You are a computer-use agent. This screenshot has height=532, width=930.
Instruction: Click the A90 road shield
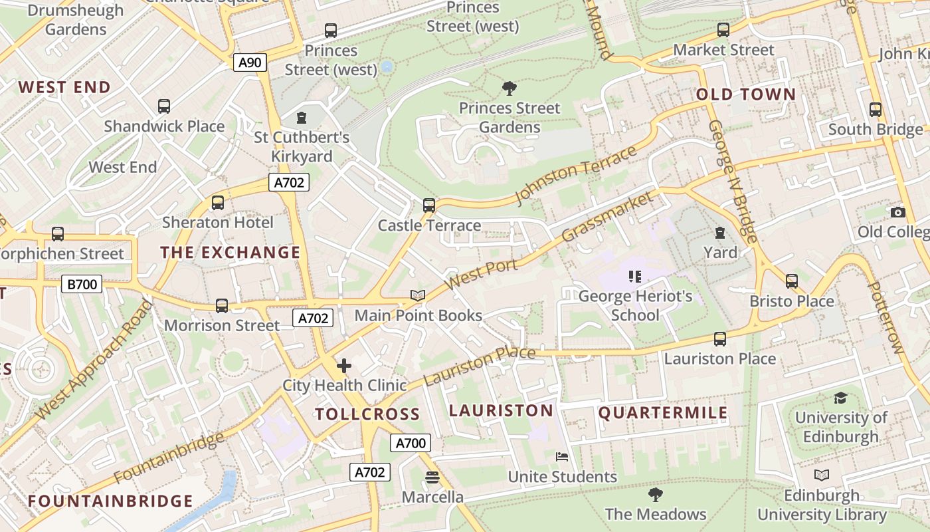pyautogui.click(x=250, y=63)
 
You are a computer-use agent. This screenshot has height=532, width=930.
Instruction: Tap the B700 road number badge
pyautogui.click(x=82, y=285)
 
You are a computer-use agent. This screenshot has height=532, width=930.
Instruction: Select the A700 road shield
pyautogui.click(x=411, y=443)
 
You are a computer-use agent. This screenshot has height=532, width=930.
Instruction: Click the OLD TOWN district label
pyautogui.click(x=745, y=94)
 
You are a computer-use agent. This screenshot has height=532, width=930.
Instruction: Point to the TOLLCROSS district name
pyautogui.click(x=367, y=414)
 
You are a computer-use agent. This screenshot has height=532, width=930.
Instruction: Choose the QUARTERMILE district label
pyautogui.click(x=663, y=413)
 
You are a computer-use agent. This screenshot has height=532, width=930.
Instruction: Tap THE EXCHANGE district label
pyautogui.click(x=231, y=253)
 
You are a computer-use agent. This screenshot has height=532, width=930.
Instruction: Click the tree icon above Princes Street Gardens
pyautogui.click(x=510, y=88)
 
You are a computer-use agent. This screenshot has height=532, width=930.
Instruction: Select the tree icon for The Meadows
pyautogui.click(x=655, y=495)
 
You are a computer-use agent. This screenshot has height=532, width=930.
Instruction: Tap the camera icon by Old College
pyautogui.click(x=898, y=212)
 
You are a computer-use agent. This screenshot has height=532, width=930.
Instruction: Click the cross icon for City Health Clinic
pyautogui.click(x=343, y=366)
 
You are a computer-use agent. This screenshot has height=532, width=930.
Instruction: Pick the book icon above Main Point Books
pyautogui.click(x=417, y=295)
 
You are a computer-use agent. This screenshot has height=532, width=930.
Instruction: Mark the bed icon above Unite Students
pyautogui.click(x=562, y=457)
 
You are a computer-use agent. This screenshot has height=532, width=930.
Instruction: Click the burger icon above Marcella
pyautogui.click(x=432, y=477)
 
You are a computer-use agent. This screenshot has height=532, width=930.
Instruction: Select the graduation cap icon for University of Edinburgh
pyautogui.click(x=840, y=398)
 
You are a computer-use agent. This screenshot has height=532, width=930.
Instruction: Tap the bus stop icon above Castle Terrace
pyautogui.click(x=429, y=205)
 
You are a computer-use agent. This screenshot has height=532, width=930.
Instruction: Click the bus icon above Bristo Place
pyautogui.click(x=791, y=281)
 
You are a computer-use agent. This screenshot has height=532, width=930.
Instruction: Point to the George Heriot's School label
pyautogui.click(x=635, y=305)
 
